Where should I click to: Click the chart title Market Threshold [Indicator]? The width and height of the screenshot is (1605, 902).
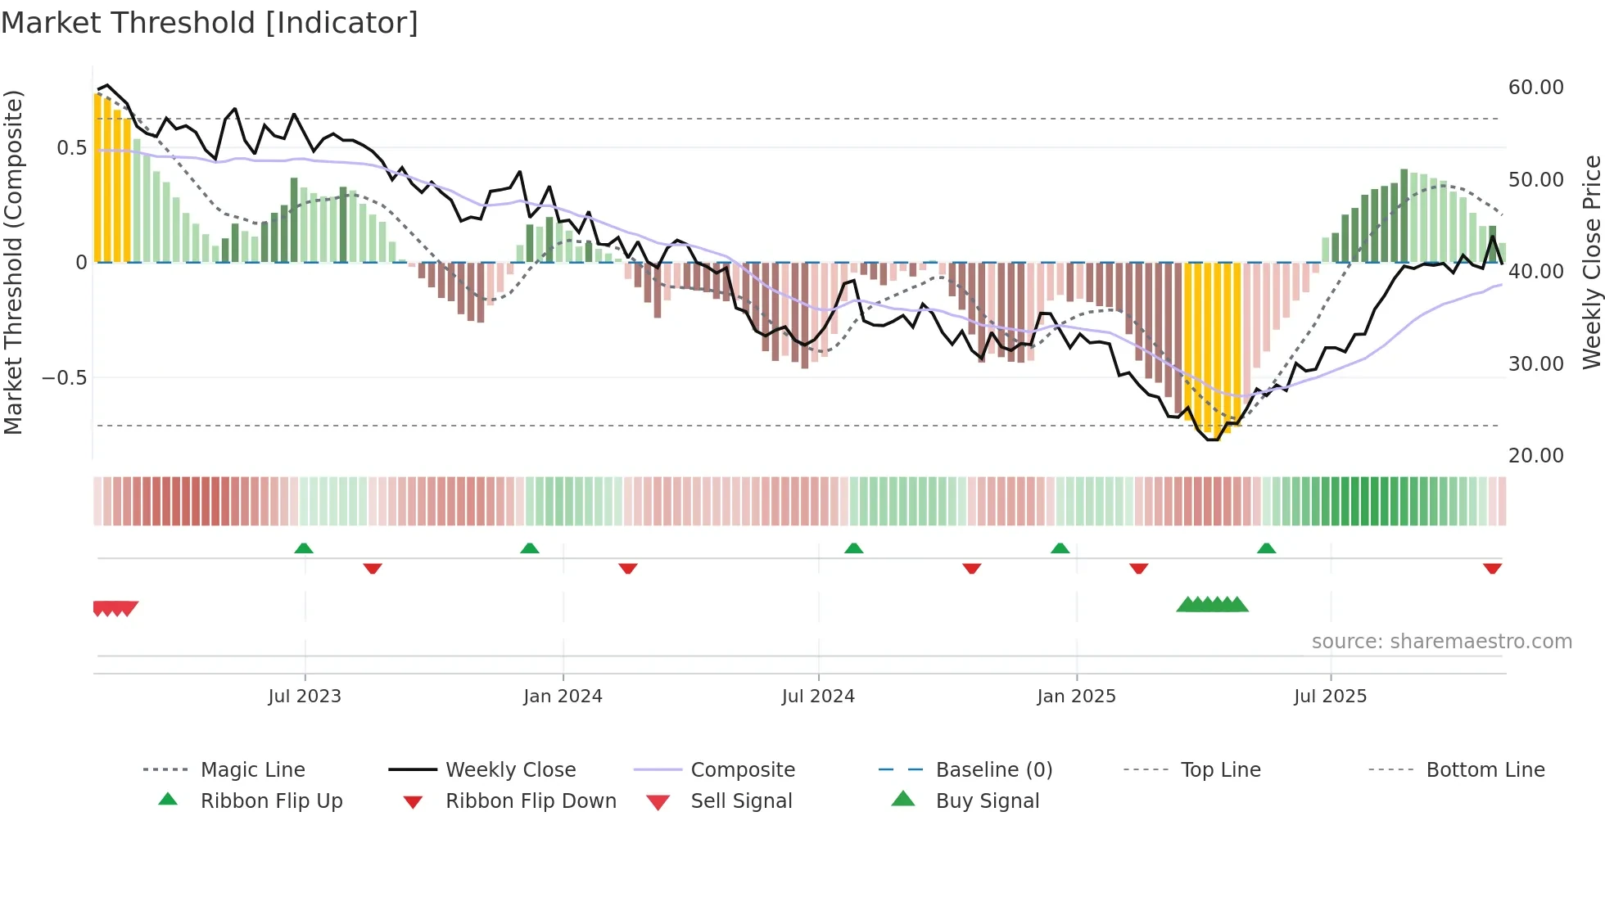(x=210, y=23)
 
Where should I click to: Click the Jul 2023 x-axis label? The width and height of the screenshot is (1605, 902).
(x=305, y=697)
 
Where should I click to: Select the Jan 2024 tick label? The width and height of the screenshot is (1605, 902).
(x=563, y=697)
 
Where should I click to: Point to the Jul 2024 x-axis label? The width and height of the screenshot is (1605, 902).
(x=818, y=697)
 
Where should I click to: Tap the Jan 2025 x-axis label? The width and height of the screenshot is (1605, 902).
(x=1076, y=697)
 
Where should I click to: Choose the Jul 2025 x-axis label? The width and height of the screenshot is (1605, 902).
(x=1331, y=697)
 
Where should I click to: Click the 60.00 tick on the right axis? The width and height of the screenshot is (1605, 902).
(x=1535, y=88)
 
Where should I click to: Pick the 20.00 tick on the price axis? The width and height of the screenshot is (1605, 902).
(x=1535, y=456)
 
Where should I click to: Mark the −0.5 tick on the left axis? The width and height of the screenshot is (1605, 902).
(x=64, y=378)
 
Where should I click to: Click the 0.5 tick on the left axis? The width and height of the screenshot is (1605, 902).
(x=71, y=148)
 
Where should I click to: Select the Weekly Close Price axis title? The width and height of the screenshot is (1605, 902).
(x=1591, y=262)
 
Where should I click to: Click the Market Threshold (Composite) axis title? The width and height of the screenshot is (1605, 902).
(x=13, y=262)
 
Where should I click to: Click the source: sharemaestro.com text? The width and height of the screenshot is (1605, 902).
(x=1441, y=642)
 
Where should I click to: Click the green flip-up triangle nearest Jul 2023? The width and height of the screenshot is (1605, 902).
(x=304, y=548)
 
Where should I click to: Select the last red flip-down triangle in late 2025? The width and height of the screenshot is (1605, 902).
(x=1492, y=568)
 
